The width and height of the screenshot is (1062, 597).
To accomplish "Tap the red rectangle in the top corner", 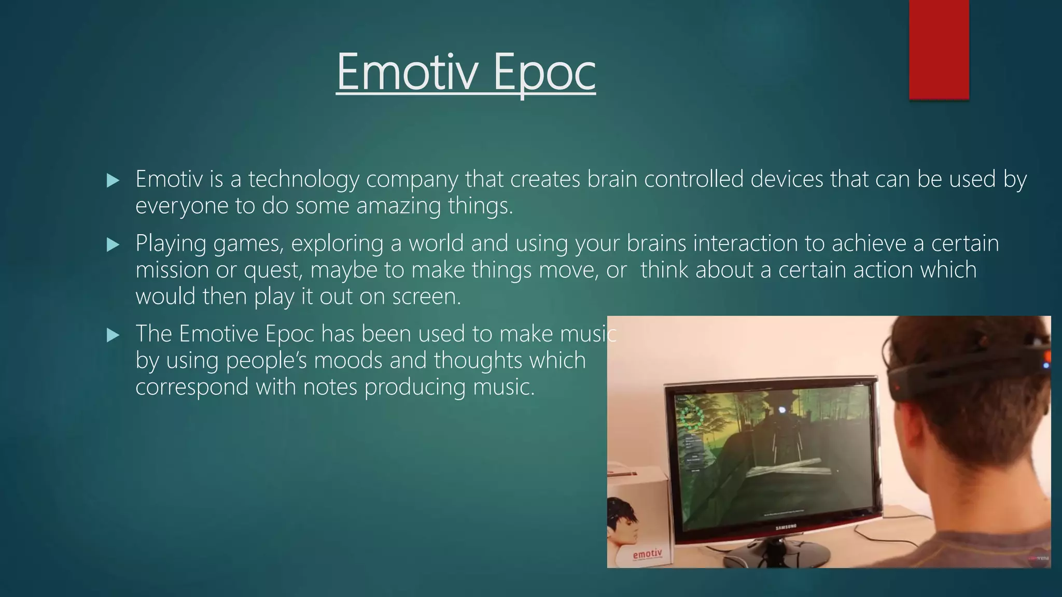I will (939, 49).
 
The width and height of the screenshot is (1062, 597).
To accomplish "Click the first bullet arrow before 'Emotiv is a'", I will (113, 181).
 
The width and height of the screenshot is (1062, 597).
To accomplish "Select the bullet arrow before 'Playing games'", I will (113, 245).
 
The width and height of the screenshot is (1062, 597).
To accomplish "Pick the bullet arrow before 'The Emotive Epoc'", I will (113, 335).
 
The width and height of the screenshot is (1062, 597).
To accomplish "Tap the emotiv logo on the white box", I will (647, 554).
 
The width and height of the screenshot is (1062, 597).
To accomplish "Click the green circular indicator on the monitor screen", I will (691, 417).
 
